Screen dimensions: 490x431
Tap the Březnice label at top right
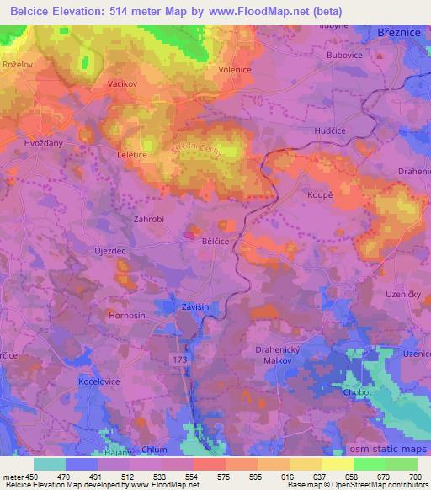(399, 31)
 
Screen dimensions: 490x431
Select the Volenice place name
(235, 71)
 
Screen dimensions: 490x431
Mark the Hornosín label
(128, 314)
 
